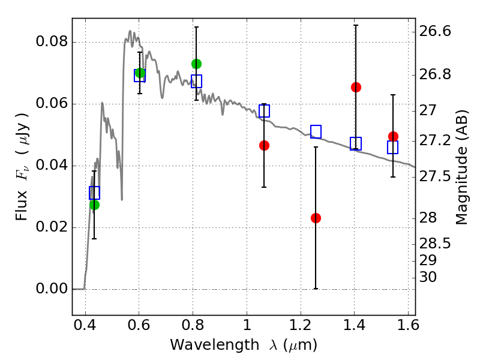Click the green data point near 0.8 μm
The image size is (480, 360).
tap(196, 64)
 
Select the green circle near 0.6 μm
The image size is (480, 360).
tap(140, 73)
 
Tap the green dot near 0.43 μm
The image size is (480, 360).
tap(94, 205)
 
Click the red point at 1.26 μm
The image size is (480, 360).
tap(316, 218)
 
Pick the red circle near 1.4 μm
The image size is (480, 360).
tap(356, 87)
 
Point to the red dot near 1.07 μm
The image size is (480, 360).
tap(264, 145)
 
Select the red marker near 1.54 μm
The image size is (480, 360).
tap(393, 136)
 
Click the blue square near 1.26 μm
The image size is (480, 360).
tap(316, 131)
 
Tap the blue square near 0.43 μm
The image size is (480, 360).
tap(94, 193)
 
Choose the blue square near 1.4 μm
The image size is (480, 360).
tap(356, 144)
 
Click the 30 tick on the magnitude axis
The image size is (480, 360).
tap(430, 277)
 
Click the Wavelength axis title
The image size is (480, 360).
tap(243, 346)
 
